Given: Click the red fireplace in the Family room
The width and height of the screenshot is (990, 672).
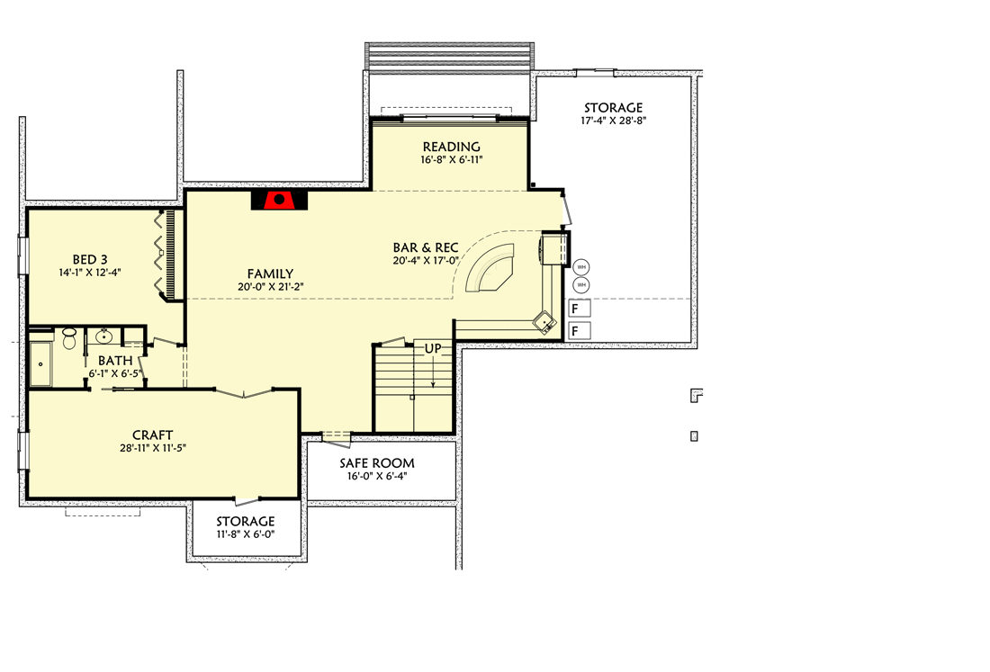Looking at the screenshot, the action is click(x=279, y=200).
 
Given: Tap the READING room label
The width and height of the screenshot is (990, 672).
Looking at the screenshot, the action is click(x=452, y=147).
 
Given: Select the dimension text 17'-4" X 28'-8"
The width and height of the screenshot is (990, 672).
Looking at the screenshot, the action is click(x=614, y=121).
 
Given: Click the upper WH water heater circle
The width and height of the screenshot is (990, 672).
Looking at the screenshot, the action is click(x=580, y=266).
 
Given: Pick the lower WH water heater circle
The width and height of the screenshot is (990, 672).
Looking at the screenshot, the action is click(x=580, y=284).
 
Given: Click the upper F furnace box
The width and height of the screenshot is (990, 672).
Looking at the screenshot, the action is click(x=579, y=309).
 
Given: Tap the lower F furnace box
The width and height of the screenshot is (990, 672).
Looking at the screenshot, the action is click(x=579, y=331).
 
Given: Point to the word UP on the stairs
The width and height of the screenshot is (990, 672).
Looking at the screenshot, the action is click(x=433, y=348).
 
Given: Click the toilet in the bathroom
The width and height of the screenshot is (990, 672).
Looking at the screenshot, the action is click(x=68, y=338).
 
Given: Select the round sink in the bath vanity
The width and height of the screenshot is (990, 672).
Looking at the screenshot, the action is click(x=103, y=336).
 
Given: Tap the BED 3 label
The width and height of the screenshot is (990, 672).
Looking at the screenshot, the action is click(x=90, y=259).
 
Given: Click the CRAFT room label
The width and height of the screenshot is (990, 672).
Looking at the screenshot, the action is click(x=153, y=435).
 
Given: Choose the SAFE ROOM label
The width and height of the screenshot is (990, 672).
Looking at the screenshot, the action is click(x=377, y=463).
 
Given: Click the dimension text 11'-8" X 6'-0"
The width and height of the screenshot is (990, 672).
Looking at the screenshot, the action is click(x=246, y=534).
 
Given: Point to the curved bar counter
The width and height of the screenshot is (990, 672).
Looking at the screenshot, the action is click(x=490, y=267).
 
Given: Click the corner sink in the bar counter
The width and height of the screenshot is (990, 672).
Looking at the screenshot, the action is click(x=544, y=322).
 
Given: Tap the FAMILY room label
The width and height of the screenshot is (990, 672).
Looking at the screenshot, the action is click(x=270, y=273).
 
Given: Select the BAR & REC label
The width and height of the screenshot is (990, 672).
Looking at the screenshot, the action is click(x=426, y=247).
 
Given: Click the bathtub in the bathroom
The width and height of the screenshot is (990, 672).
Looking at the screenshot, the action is click(x=41, y=364).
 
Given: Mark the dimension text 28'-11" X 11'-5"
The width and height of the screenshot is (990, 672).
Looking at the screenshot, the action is click(x=153, y=449).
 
